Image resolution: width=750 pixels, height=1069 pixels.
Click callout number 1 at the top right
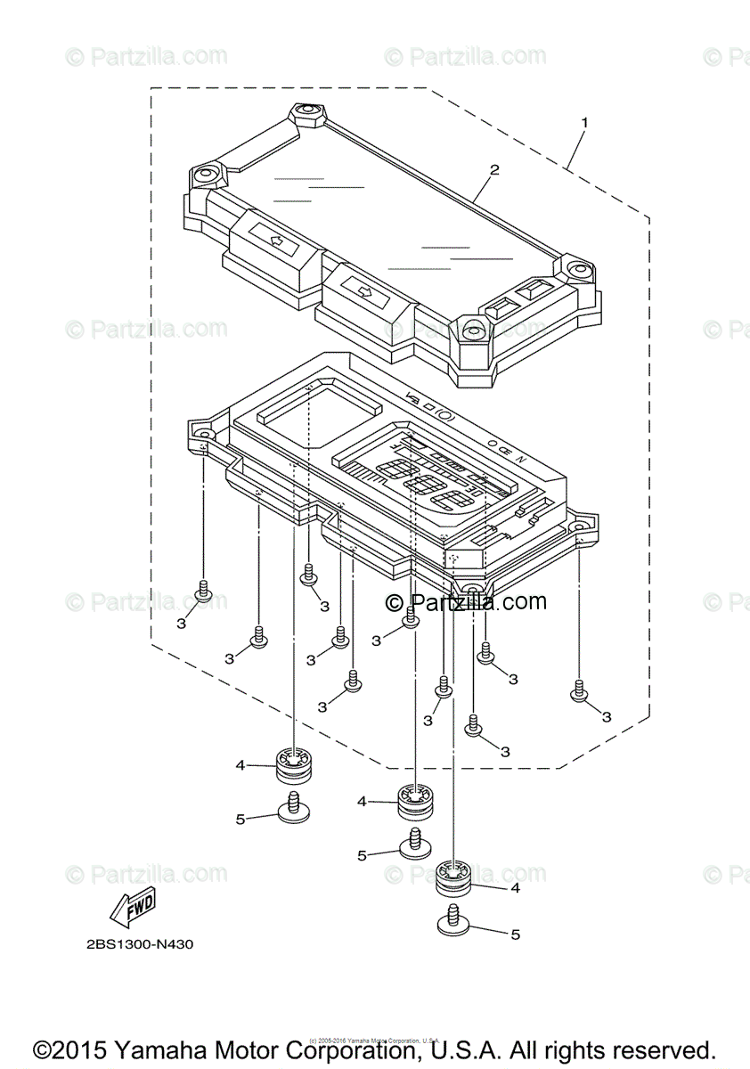point(584,120)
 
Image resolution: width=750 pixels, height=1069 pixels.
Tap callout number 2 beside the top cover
point(494,170)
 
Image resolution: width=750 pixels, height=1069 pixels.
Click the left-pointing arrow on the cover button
point(275,240)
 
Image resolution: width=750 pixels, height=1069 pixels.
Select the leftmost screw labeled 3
point(203,592)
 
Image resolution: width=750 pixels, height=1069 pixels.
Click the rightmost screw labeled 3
point(579,691)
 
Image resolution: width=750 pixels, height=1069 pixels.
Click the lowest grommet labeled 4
point(454,877)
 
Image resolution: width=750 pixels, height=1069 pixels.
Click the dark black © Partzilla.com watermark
point(466,602)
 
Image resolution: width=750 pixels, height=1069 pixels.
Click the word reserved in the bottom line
point(659,1049)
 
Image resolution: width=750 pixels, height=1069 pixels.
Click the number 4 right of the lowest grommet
point(515,888)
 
